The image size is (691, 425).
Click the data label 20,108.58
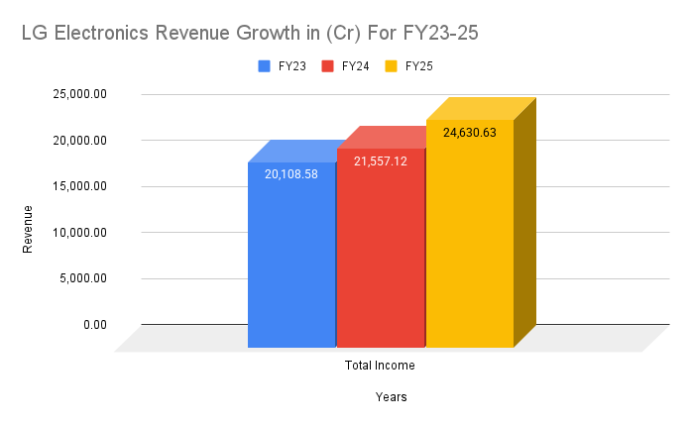click(x=291, y=173)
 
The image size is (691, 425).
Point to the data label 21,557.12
click(x=381, y=160)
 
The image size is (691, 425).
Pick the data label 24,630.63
click(x=470, y=132)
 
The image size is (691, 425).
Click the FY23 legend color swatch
click(x=265, y=66)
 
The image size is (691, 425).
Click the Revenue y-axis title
click(x=28, y=229)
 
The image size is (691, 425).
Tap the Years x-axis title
click(x=391, y=397)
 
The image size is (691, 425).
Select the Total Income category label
click(x=380, y=366)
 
